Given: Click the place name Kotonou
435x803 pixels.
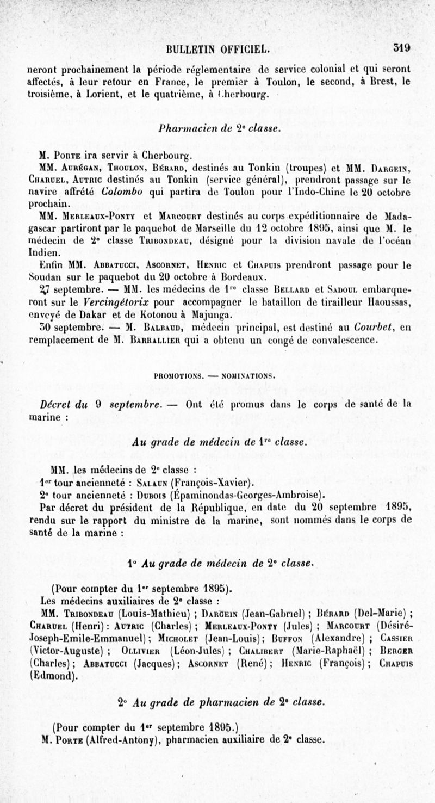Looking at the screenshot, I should coord(166,314).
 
